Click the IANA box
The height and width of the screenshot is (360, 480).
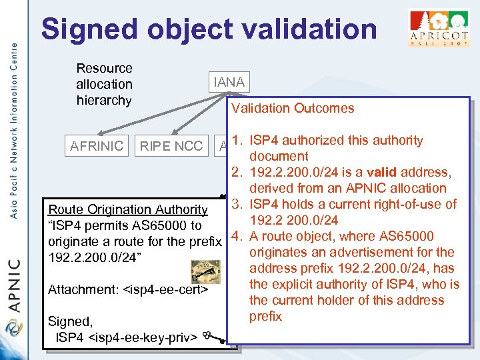tap(229, 83)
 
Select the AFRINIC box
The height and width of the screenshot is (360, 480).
tap(97, 145)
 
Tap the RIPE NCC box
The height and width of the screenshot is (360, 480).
tap(171, 145)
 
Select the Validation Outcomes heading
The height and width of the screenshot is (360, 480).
tap(293, 108)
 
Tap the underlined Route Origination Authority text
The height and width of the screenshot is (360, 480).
tap(128, 210)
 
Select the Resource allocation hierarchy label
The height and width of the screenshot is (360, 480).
tap(104, 84)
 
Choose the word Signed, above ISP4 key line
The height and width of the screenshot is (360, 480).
tap(69, 321)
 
